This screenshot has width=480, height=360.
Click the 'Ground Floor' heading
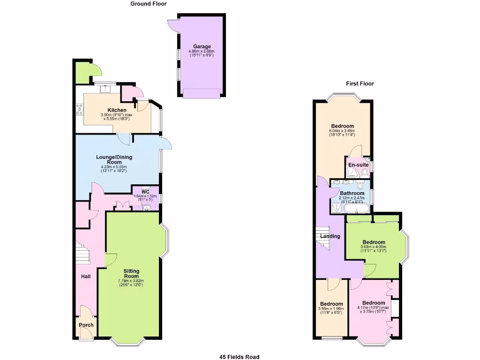[x=148, y=4]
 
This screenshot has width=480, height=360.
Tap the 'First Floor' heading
[x=360, y=84]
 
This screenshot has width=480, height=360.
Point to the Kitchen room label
[x=117, y=110]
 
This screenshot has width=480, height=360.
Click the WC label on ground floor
[x=145, y=192]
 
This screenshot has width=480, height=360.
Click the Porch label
[x=86, y=325]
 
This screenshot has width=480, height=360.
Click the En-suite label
[x=358, y=165]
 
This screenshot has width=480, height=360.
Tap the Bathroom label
[x=352, y=193]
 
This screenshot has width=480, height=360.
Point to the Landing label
[x=330, y=236]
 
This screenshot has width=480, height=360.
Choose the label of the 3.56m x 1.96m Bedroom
[x=331, y=304]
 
